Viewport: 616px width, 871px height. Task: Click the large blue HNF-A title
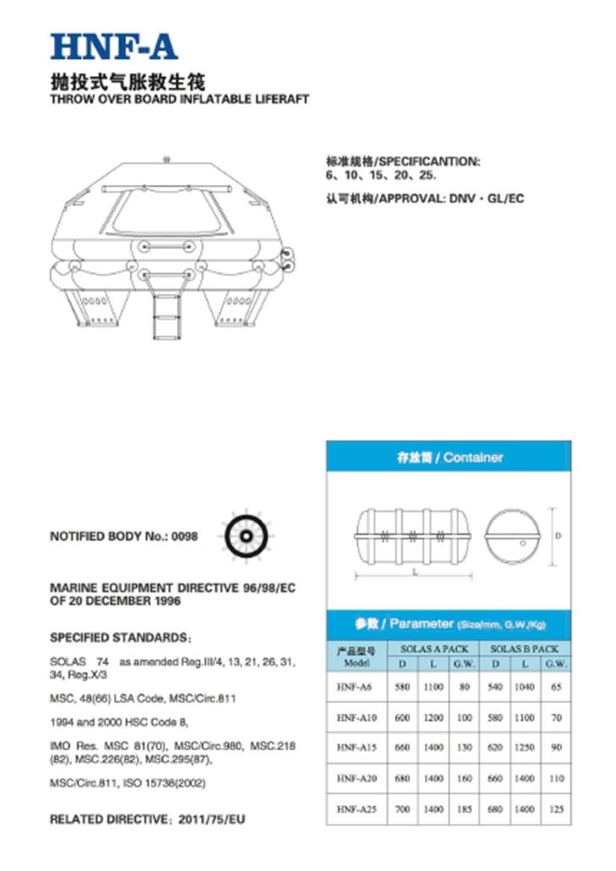tap(113, 46)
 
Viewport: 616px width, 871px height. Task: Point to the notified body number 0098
tap(185, 536)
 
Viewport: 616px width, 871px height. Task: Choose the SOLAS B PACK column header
tap(525, 649)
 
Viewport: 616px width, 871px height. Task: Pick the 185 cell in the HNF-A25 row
tap(462, 809)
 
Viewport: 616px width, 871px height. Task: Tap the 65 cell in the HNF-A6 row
tap(554, 688)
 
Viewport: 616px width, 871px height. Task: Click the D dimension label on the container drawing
tap(559, 536)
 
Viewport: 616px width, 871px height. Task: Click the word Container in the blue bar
tap(473, 457)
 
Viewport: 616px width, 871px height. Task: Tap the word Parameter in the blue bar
tap(422, 625)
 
